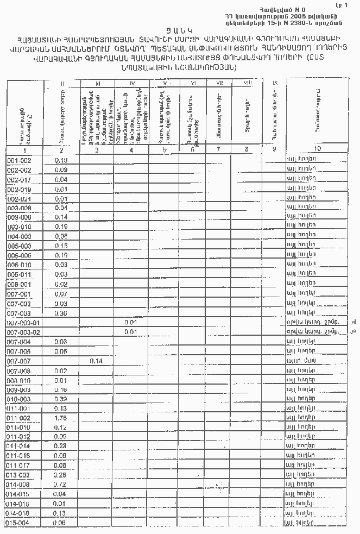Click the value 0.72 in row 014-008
click(61, 485)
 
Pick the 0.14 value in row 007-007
click(96, 361)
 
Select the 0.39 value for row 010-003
click(61, 399)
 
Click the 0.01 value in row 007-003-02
click(130, 332)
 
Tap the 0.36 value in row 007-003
click(61, 313)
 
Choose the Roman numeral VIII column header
click(247, 83)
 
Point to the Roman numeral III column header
click(97, 83)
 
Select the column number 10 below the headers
click(317, 148)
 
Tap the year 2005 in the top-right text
click(293, 15)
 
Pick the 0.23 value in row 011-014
click(61, 445)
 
